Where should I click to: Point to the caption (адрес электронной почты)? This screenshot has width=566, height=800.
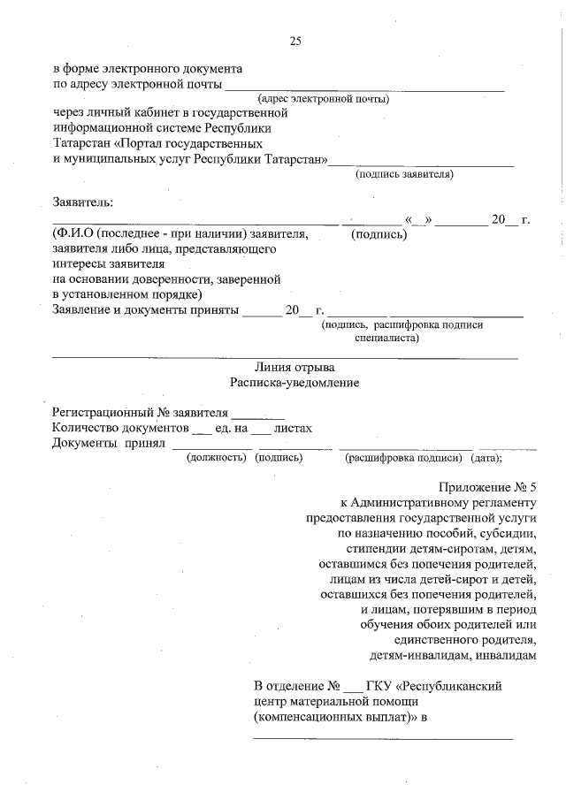point(323,99)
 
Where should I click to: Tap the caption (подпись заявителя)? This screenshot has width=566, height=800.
point(404,174)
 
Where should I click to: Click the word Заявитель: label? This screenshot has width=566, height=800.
point(83,202)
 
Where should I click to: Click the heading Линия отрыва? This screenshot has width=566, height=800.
point(294,367)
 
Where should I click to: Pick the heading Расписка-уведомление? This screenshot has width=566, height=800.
point(294,383)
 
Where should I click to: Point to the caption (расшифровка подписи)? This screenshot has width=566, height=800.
point(403,458)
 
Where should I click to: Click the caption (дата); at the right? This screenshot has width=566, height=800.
point(486,458)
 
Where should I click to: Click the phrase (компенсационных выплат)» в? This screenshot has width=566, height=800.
point(340,718)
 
